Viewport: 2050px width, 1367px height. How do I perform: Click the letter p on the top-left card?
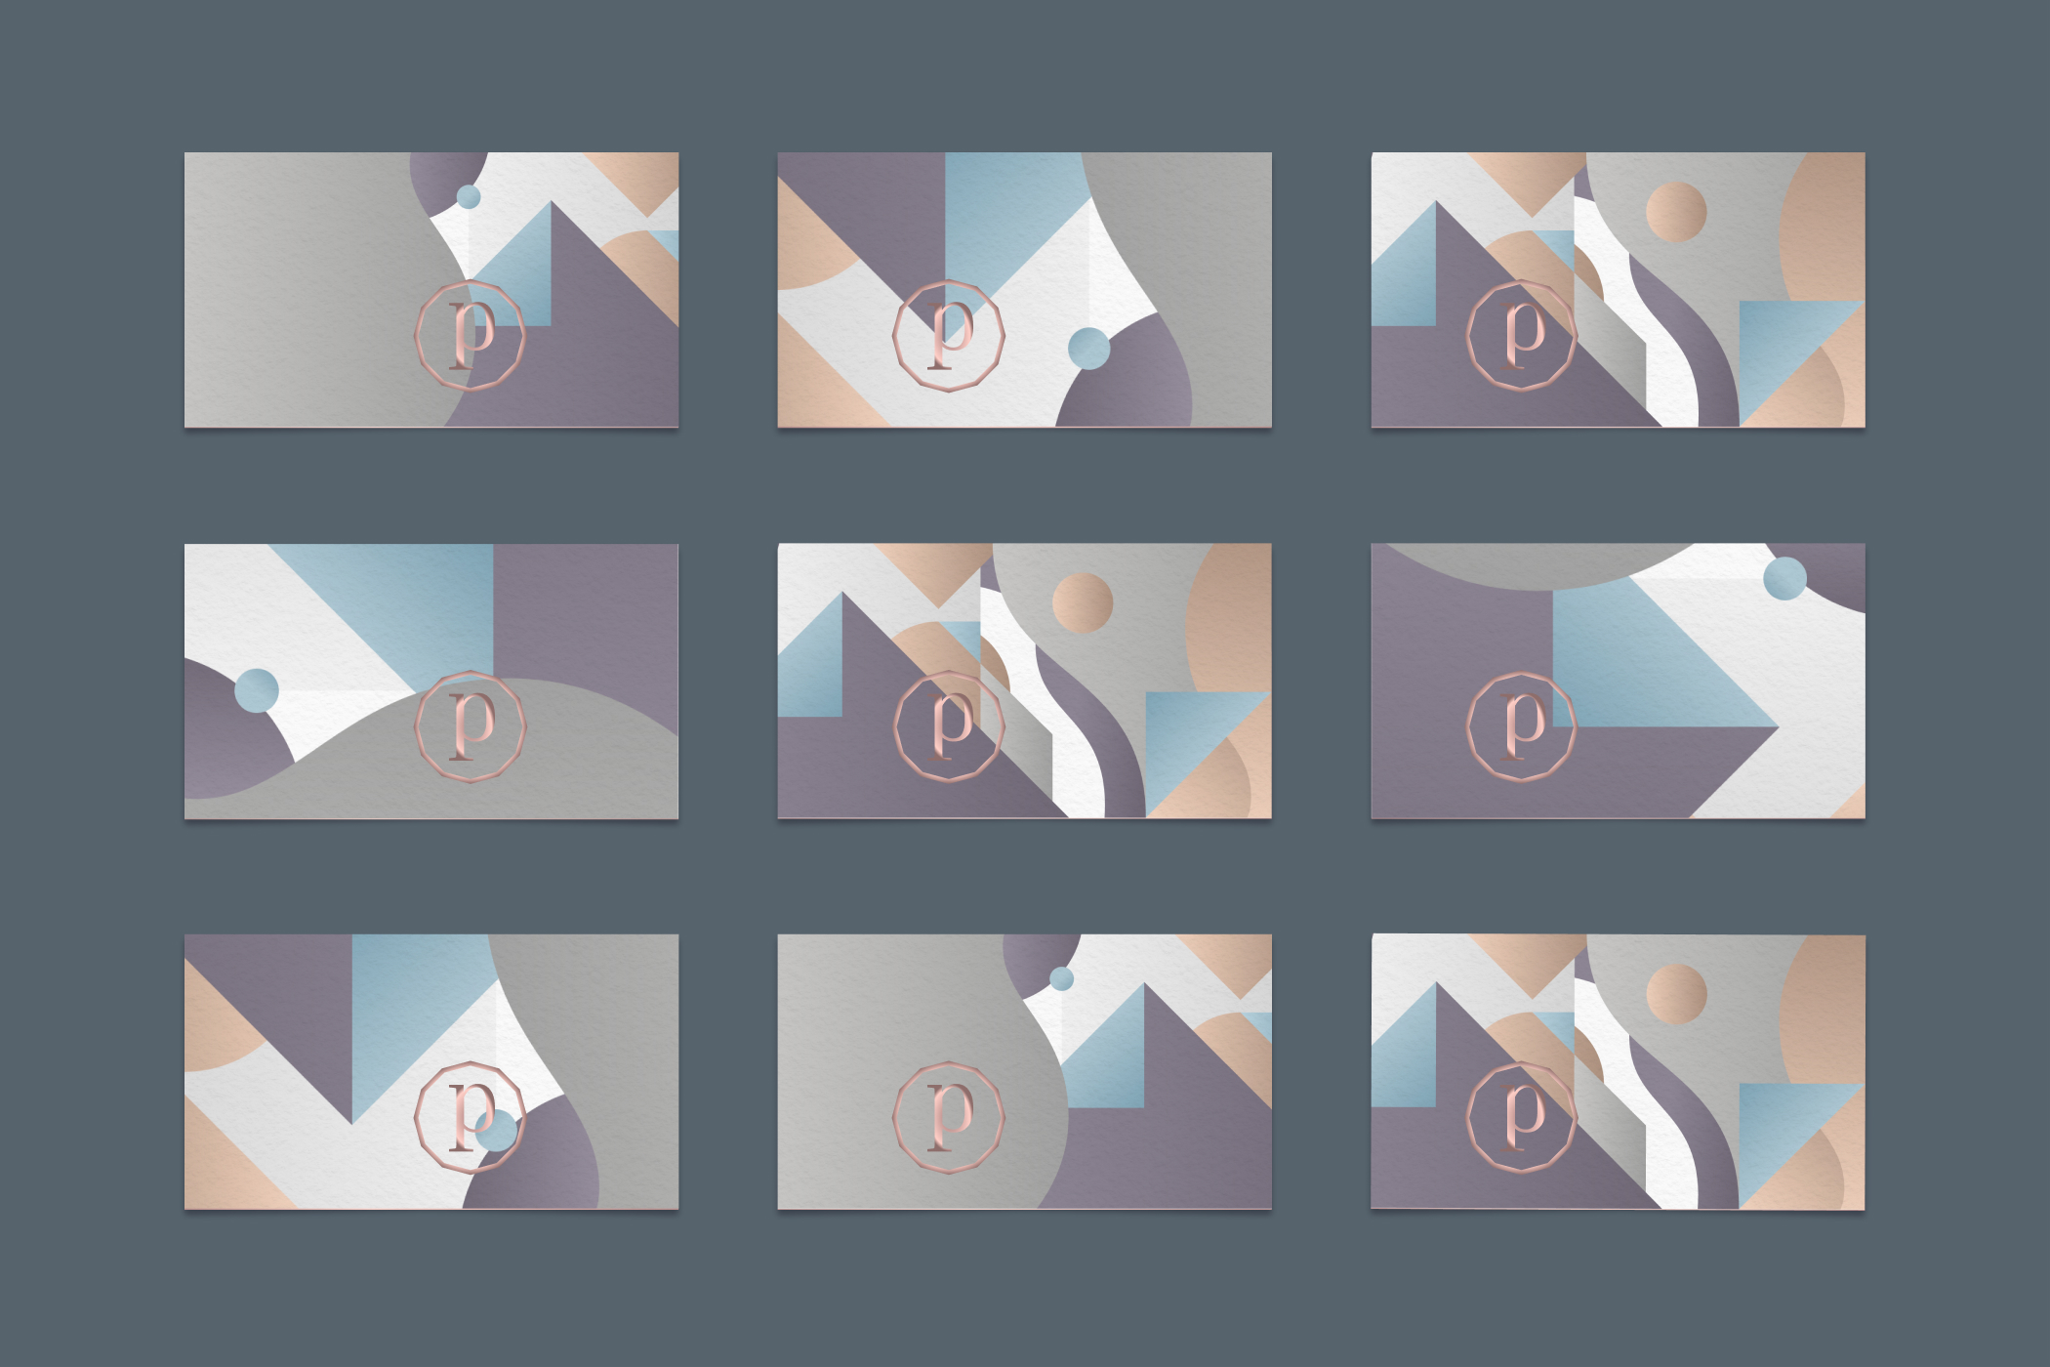coord(471,335)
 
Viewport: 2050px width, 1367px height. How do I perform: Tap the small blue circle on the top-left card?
coord(469,196)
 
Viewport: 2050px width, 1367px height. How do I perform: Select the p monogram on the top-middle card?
coord(949,335)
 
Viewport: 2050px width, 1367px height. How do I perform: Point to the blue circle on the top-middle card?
coord(1088,349)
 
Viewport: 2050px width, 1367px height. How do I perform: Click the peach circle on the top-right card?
coord(1676,211)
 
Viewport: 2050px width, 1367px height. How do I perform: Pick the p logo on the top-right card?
coord(1523,335)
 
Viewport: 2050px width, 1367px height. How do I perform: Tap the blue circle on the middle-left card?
coord(257,690)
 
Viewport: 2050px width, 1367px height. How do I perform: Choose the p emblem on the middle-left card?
coord(471,726)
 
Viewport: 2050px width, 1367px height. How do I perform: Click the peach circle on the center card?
coord(1083,602)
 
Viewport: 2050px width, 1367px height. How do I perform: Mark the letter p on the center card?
coord(949,726)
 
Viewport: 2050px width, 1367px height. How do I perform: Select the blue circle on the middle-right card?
coord(1784,578)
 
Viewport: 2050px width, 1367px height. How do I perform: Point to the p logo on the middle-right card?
coord(1523,726)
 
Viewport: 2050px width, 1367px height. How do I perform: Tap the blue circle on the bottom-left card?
coord(497,1130)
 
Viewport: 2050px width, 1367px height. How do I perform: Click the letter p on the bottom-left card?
coord(471,1116)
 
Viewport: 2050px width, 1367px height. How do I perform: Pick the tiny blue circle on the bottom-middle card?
coord(1062,978)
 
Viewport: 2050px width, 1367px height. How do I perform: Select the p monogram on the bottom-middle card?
coord(949,1117)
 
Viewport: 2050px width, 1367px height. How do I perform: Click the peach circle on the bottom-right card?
coord(1676,994)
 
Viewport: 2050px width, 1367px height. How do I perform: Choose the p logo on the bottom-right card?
coord(1523,1117)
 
